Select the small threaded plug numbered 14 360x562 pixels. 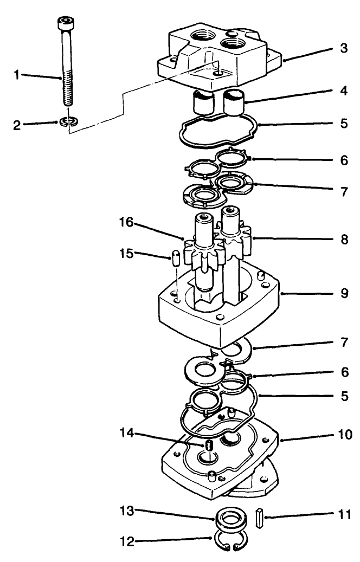click(x=208, y=446)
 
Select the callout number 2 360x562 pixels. click(x=17, y=126)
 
